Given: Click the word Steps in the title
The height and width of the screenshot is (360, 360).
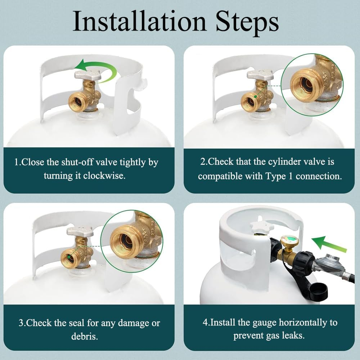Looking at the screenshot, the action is [247, 23].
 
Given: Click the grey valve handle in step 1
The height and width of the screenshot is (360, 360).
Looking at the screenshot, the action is [87, 75].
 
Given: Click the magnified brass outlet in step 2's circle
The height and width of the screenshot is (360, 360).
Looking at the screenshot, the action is [303, 85].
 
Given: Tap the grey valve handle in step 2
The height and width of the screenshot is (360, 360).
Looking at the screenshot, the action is [260, 75].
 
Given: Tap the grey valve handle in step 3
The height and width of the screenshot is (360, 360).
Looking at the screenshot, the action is [80, 231].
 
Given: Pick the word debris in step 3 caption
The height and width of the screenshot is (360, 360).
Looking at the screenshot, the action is [85, 336].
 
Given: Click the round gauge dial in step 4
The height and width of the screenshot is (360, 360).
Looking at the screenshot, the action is [289, 242].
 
